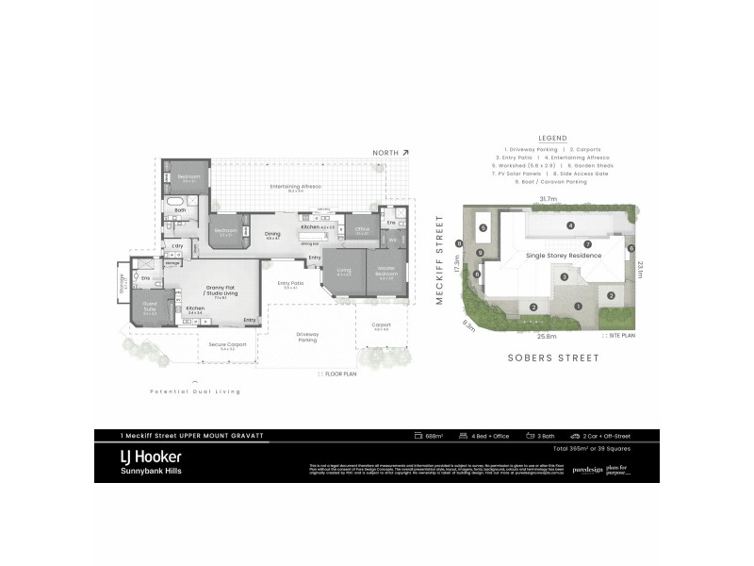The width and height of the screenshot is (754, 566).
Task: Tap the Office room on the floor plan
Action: [362, 230]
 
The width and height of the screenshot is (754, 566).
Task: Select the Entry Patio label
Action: [289, 285]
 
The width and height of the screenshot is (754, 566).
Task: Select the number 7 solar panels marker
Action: [587, 243]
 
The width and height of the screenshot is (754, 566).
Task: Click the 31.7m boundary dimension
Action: [547, 199]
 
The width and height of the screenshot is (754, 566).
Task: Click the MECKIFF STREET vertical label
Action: [440, 260]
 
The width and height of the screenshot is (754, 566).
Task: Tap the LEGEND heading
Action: [551, 138]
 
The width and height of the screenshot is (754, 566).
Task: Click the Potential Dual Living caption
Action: [195, 391]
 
